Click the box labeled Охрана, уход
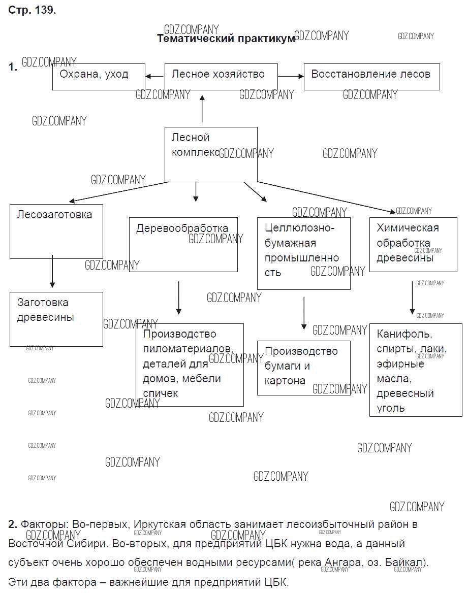coord(99,77)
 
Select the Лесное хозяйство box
coord(221,77)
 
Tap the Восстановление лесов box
coord(371,77)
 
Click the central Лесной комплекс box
coord(211,154)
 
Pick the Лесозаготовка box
coord(56,231)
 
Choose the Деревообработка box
coord(183,245)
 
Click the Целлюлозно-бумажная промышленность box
coord(304,253)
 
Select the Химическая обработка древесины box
coord(413,244)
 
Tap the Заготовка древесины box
coord(56,319)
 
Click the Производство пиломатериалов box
coord(190,365)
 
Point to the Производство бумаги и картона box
coord(304,368)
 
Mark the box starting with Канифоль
coord(416,370)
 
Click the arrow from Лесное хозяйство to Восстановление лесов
coord(291,76)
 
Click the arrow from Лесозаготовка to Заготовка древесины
coord(52,271)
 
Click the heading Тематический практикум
coord(226,39)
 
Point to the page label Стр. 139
coord(32,11)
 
